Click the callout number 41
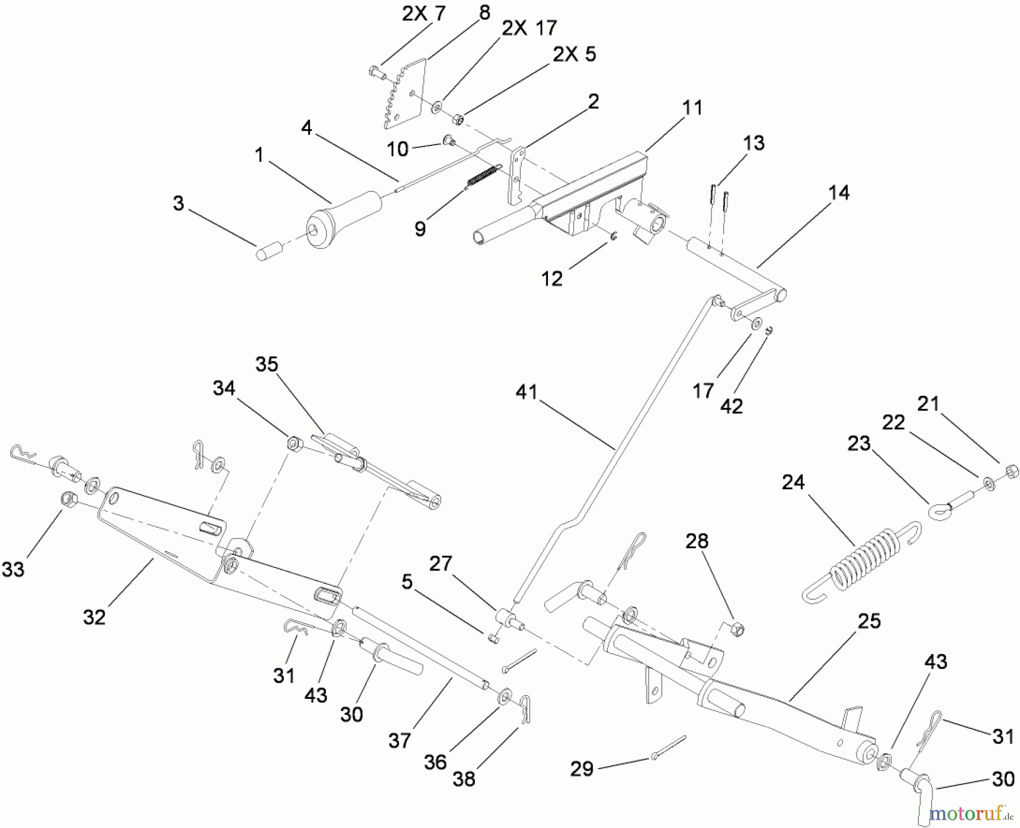tap(526, 392)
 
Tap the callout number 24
tap(793, 483)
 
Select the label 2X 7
tap(424, 14)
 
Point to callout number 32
tap(94, 617)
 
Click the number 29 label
tap(582, 769)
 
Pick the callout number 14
tap(839, 193)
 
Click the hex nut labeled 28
tap(737, 628)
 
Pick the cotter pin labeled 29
tap(669, 748)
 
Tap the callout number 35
tap(267, 364)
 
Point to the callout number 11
tap(692, 108)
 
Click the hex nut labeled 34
tap(294, 442)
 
